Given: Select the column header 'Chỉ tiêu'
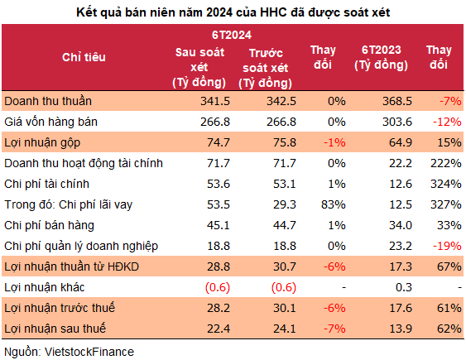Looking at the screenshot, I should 84,57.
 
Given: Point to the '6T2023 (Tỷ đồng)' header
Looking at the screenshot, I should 382,57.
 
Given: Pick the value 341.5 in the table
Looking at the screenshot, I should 214,101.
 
